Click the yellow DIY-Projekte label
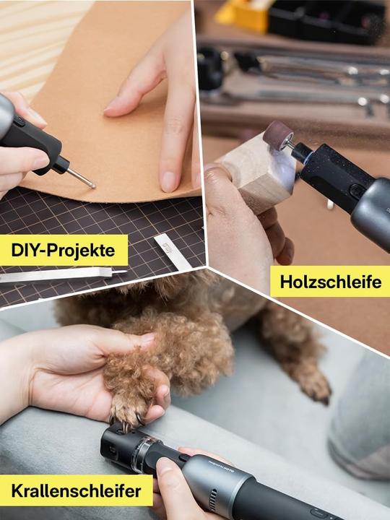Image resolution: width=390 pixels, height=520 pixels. pyautogui.click(x=64, y=250)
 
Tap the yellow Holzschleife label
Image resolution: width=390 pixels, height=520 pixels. pyautogui.click(x=330, y=282)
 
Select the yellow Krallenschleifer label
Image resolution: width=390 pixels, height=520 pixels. pyautogui.click(x=77, y=490)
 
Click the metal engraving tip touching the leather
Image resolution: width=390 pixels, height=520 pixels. pyautogui.click(x=82, y=178)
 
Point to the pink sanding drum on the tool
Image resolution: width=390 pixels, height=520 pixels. pyautogui.click(x=278, y=134)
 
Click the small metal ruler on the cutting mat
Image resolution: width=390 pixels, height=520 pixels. pyautogui.click(x=173, y=252)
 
